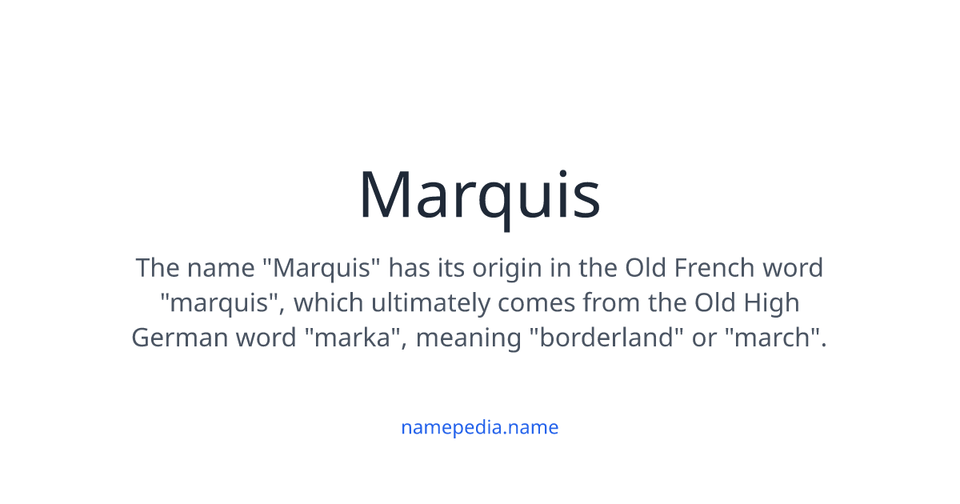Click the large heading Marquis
[479, 194]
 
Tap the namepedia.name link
[479, 427]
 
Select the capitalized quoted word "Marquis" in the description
[322, 267]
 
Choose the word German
[179, 338]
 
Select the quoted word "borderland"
[606, 338]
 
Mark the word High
[772, 304]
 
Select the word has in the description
[410, 267]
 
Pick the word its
[451, 267]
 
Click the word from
[611, 302]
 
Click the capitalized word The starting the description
[158, 267]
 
